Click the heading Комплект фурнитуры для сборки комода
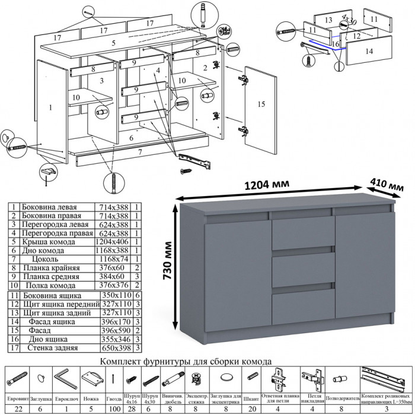[x=186, y=360]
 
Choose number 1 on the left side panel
[x=51, y=107]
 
